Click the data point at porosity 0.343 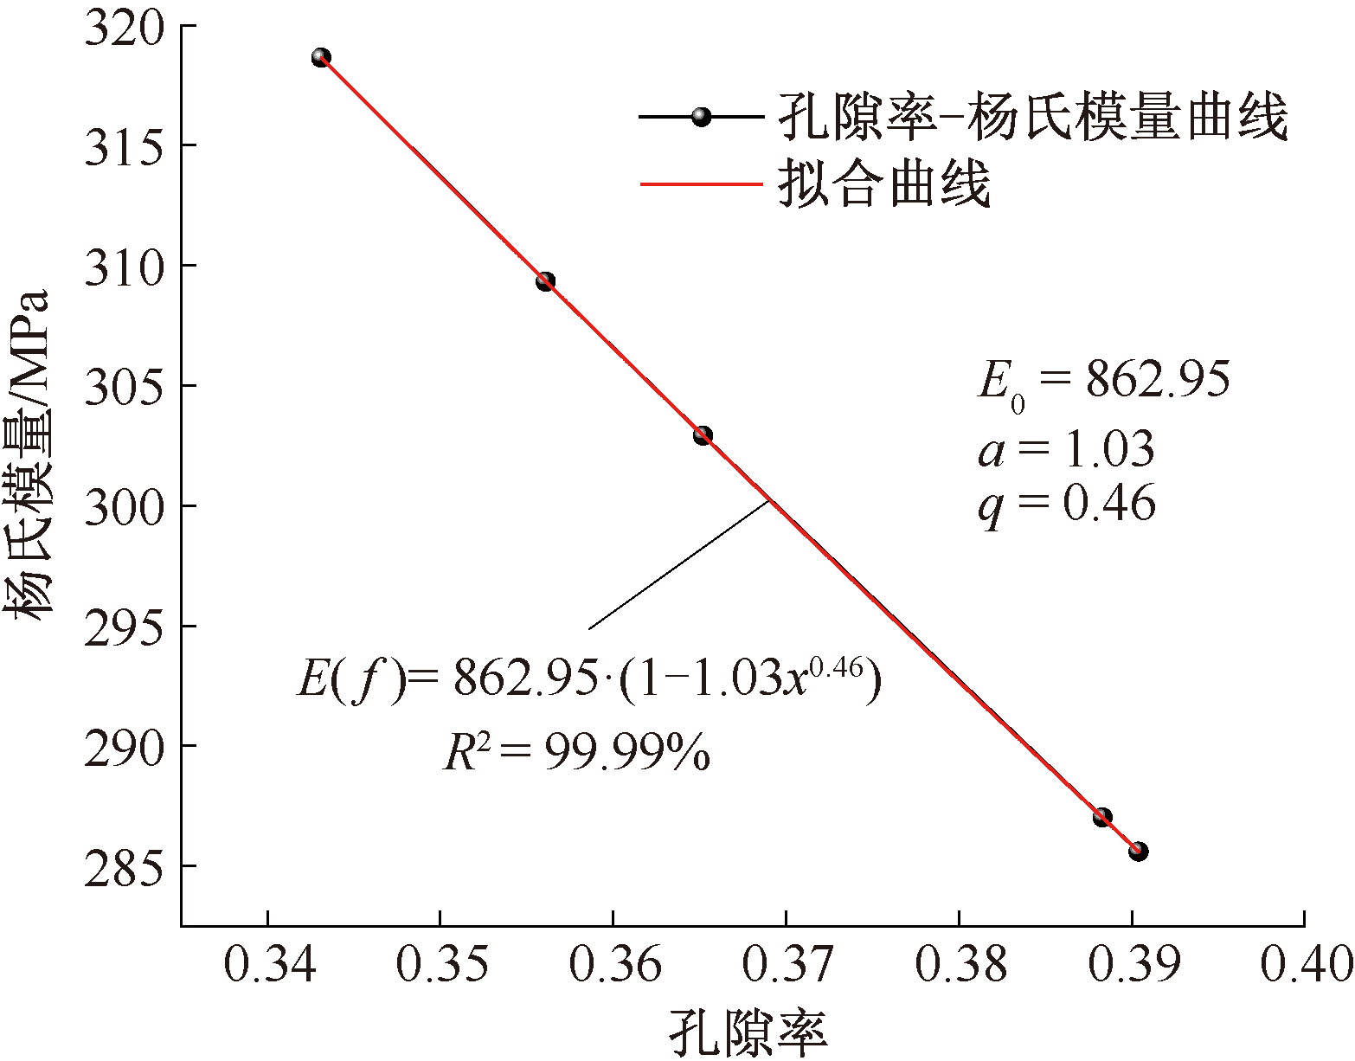pos(321,58)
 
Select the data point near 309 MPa pos(545,281)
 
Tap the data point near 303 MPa pos(703,435)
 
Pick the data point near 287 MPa pos(1101,817)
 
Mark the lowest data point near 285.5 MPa pos(1138,852)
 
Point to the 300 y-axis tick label pos(124,506)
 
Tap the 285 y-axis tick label pos(124,866)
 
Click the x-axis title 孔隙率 pos(748,1032)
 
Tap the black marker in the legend pos(701,117)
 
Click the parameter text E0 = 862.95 pos(1103,382)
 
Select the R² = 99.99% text pos(577,753)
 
